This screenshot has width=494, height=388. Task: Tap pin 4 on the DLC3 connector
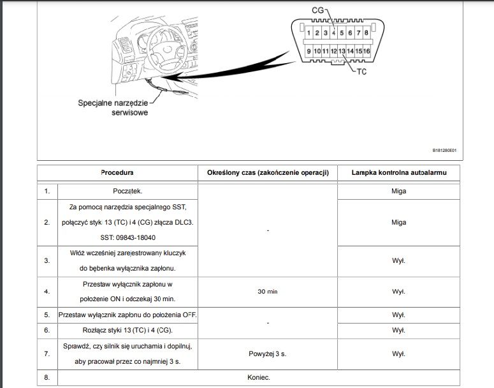tap(333, 33)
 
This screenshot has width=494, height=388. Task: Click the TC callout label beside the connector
tap(362, 71)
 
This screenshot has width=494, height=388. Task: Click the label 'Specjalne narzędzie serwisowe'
tap(113, 107)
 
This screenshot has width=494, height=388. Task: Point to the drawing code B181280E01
tap(444, 151)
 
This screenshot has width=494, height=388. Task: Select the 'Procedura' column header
tap(117, 172)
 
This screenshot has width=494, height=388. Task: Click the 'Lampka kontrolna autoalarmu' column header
tap(398, 172)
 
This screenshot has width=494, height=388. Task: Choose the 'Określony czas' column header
tap(268, 172)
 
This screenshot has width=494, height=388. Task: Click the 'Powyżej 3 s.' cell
tap(268, 352)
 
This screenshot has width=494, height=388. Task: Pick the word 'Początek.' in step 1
tap(128, 190)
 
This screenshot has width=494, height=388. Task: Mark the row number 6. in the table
tap(47, 330)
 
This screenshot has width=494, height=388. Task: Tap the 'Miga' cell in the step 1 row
tap(398, 190)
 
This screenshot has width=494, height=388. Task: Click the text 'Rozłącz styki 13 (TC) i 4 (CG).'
tap(128, 330)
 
